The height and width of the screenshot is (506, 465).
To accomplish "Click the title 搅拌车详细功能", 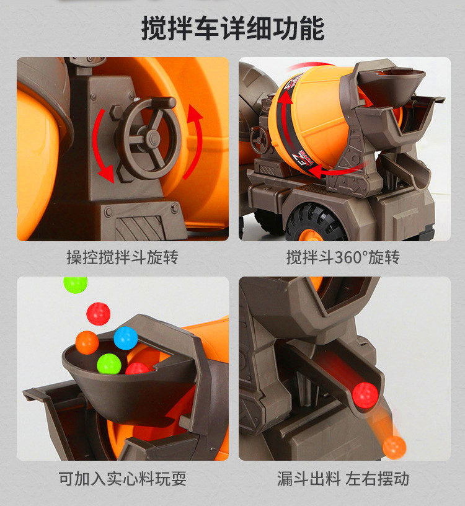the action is [232, 29].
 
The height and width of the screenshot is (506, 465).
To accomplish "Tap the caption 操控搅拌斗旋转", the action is [122, 257].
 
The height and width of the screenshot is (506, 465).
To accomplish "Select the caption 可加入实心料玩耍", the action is [122, 479].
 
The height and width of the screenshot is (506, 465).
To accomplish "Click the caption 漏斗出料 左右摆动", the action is [343, 479].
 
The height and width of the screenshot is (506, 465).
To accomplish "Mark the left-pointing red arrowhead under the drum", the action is [317, 171].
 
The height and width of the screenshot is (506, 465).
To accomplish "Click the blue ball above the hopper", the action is [125, 338].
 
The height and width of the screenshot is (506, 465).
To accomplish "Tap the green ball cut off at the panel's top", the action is [76, 285].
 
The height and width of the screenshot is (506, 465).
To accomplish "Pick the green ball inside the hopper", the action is [109, 363].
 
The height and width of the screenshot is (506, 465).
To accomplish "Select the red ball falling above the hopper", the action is [99, 314].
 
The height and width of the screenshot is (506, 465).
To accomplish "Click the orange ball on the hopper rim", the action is [87, 342].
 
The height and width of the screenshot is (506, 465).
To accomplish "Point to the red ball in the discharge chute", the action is [365, 396].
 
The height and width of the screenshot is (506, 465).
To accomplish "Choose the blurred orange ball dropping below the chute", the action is [394, 448].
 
